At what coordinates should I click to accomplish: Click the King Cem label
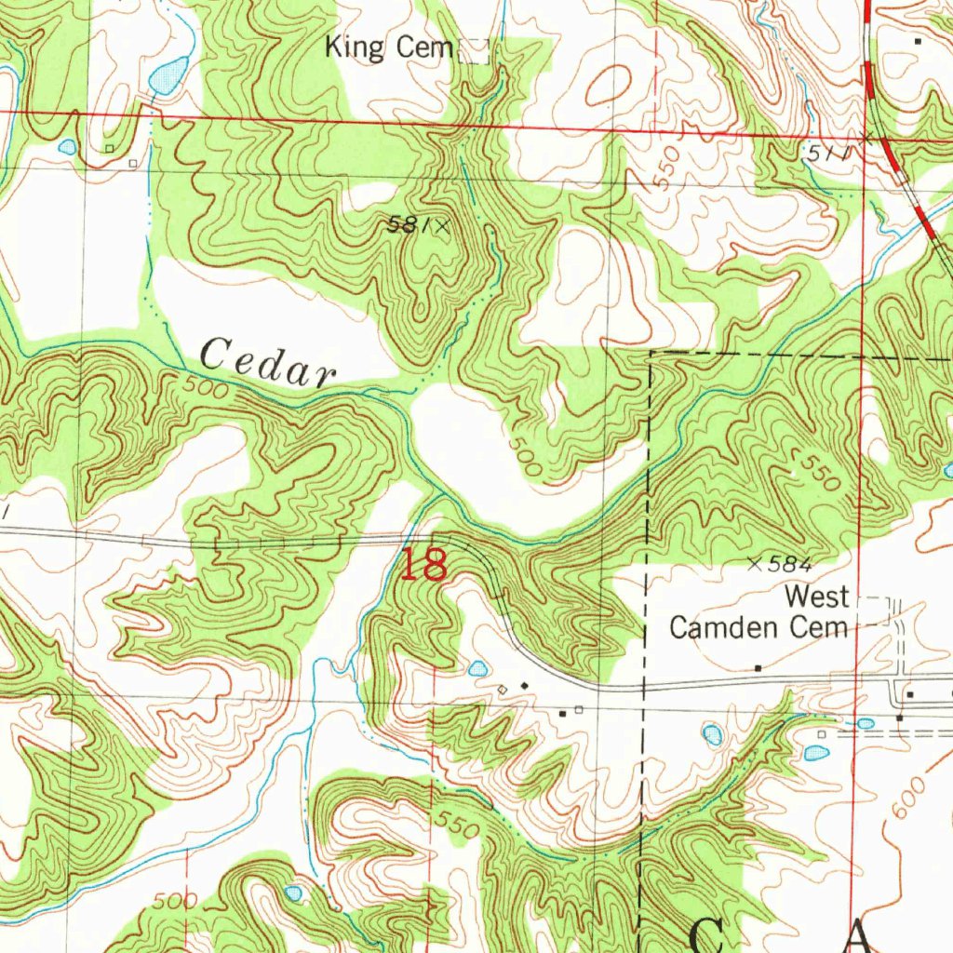(x=388, y=47)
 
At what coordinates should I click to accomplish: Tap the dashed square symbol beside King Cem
(x=475, y=51)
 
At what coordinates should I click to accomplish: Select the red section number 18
(x=424, y=565)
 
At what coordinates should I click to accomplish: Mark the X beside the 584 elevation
(x=754, y=562)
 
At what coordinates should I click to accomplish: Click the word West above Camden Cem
(x=816, y=596)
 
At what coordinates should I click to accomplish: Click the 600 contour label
(x=909, y=799)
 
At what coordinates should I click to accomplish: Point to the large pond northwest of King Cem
(x=168, y=75)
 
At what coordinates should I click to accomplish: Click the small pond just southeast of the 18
(x=477, y=668)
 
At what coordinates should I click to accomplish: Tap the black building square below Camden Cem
(x=758, y=668)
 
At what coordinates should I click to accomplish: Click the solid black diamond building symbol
(x=524, y=685)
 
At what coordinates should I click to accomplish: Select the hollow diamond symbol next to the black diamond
(x=503, y=689)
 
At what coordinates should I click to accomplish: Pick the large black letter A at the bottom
(x=858, y=935)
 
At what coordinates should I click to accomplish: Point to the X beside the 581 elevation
(x=442, y=225)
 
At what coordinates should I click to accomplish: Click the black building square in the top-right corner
(x=918, y=41)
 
